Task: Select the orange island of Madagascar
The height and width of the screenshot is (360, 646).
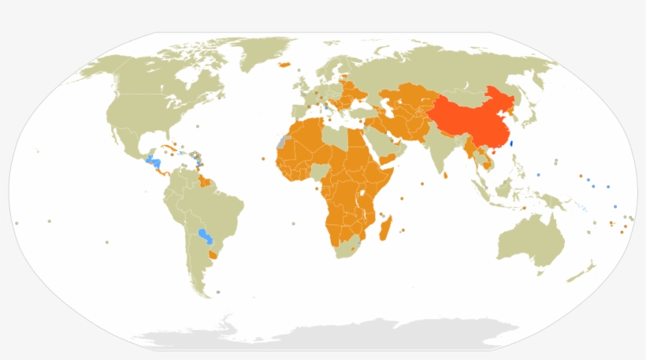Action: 385,230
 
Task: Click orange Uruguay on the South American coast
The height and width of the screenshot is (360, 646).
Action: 213,254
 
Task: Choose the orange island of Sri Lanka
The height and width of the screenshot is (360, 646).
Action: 447,175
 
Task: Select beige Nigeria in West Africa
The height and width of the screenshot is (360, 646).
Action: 320,170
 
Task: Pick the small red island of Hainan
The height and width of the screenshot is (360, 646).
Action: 490,152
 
